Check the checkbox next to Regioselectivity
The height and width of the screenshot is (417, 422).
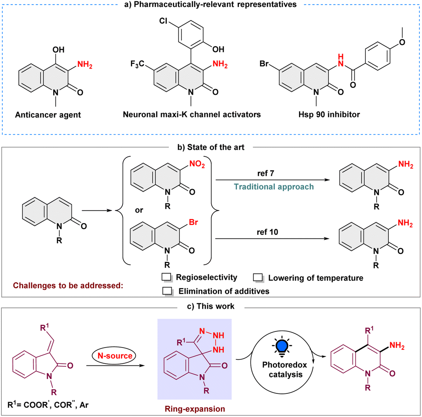[166, 277]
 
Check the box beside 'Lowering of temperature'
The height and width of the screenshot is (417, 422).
[259, 277]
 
